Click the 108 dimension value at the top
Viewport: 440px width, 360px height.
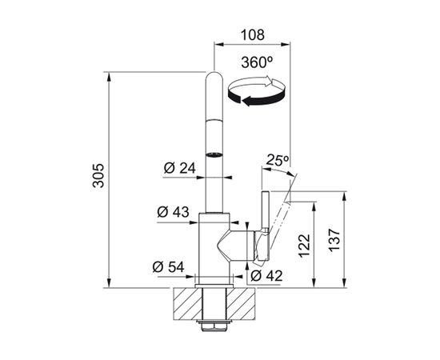pos(253,35)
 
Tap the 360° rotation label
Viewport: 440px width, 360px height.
pos(257,62)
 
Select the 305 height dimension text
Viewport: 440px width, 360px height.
pos(98,175)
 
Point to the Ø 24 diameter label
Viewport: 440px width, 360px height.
pos(179,168)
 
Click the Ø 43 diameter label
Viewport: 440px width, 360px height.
pos(173,212)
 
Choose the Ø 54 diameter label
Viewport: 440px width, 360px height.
pos(168,267)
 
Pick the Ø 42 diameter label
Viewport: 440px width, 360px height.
pos(266,276)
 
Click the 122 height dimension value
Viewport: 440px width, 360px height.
pos(305,246)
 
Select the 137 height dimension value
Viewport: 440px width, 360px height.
pos(334,240)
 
